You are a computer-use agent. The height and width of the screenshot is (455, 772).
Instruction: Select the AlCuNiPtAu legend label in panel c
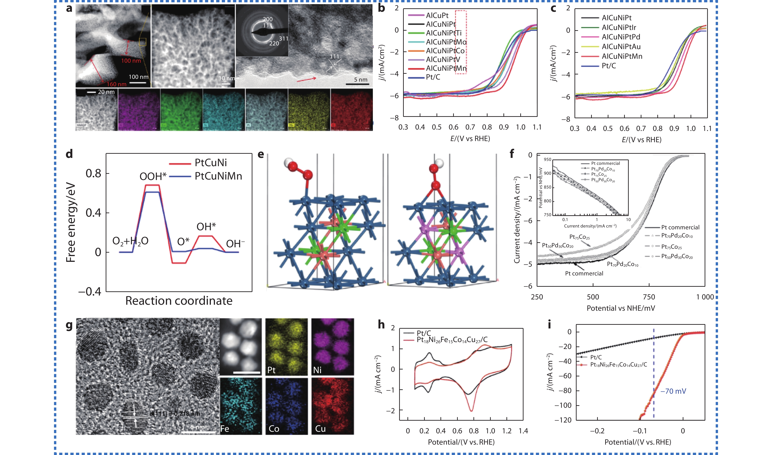click(x=621, y=47)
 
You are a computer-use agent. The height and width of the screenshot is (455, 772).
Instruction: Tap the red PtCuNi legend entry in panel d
click(x=210, y=162)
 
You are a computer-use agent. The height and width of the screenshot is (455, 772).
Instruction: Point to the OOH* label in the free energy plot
click(x=153, y=176)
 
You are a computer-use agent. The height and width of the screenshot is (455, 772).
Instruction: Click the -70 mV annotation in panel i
click(x=673, y=391)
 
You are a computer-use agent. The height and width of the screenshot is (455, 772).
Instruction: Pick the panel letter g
click(x=69, y=325)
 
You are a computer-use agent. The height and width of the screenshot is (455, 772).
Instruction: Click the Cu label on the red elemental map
click(x=320, y=429)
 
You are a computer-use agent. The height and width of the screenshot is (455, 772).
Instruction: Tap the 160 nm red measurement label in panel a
click(x=117, y=84)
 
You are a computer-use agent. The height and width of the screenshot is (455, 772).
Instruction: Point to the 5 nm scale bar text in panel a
click(x=361, y=80)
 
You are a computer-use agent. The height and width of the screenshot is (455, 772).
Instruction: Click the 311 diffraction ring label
click(x=284, y=39)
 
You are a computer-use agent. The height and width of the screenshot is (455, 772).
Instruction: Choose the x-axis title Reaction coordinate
click(x=179, y=301)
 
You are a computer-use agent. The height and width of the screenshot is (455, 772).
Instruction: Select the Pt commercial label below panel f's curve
click(x=584, y=274)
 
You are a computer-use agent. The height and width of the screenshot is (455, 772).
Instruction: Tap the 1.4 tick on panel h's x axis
click(x=523, y=431)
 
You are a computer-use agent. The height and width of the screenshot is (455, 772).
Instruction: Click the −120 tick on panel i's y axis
click(x=563, y=420)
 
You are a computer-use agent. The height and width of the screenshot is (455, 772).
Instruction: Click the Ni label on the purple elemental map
click(x=317, y=370)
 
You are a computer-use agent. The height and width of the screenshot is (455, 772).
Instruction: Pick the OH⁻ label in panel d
click(x=235, y=244)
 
